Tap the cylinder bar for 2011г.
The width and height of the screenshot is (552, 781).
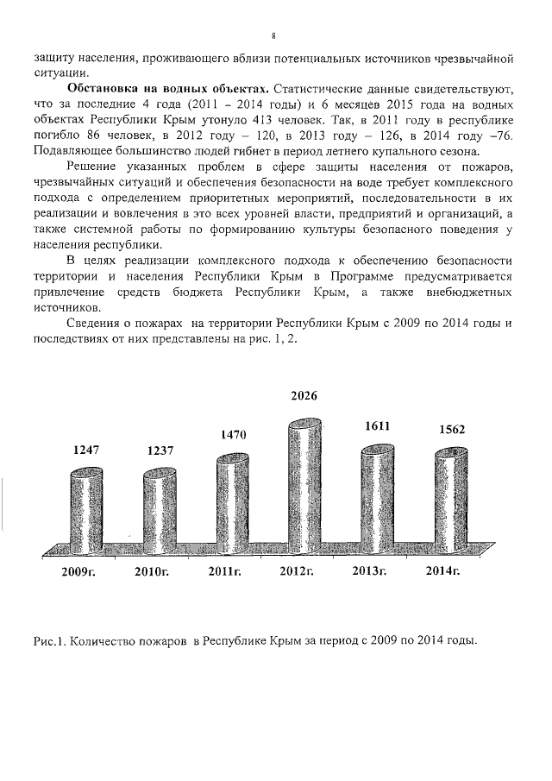[x=235, y=501]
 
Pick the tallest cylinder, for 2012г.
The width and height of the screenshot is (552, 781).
[x=309, y=488]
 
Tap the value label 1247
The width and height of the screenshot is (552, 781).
[x=85, y=449]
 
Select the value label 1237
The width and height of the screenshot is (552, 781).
[x=160, y=450]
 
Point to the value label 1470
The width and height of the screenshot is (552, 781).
[x=232, y=436]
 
